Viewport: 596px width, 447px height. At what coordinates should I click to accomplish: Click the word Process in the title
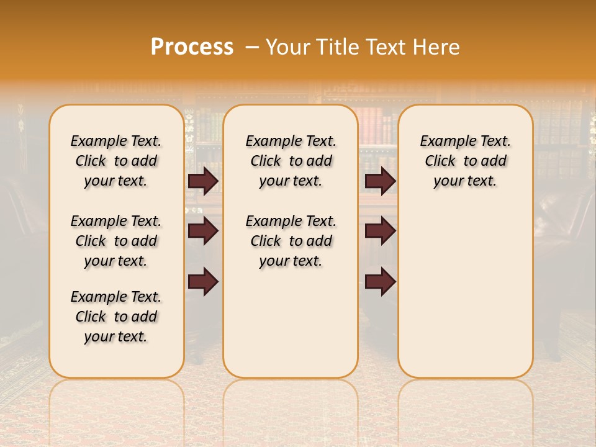pyautogui.click(x=192, y=47)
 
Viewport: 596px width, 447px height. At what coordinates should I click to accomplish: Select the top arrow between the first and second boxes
pyautogui.click(x=203, y=181)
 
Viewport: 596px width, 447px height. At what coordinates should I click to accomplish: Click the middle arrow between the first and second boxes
pyautogui.click(x=203, y=231)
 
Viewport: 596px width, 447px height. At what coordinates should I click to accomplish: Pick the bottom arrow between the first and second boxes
pyautogui.click(x=203, y=282)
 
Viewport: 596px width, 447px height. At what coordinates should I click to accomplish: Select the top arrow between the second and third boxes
pyautogui.click(x=380, y=181)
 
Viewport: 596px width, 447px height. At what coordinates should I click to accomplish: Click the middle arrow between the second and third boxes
pyautogui.click(x=380, y=231)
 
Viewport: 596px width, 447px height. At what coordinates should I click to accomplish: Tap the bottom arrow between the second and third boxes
pyautogui.click(x=380, y=282)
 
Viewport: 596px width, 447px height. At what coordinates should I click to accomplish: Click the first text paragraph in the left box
pyautogui.click(x=116, y=161)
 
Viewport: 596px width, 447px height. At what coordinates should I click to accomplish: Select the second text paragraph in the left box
pyautogui.click(x=116, y=241)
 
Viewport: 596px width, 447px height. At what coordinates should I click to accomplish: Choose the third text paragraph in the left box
pyautogui.click(x=116, y=317)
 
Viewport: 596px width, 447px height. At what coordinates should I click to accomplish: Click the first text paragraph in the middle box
pyautogui.click(x=291, y=161)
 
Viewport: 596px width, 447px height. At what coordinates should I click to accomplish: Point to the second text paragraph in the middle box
pyautogui.click(x=291, y=241)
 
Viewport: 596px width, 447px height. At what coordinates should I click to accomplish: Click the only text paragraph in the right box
pyautogui.click(x=466, y=161)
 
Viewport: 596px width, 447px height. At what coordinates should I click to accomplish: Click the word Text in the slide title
pyautogui.click(x=386, y=47)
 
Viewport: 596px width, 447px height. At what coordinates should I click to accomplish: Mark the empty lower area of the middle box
pyautogui.click(x=291, y=323)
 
